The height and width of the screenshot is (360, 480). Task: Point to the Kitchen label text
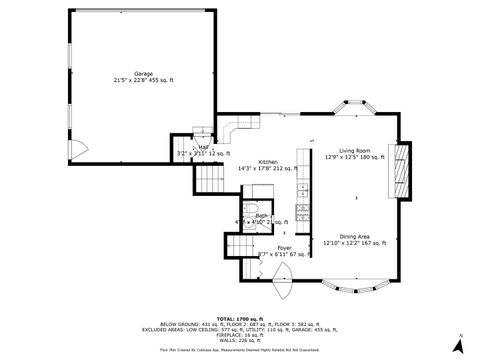(268, 162)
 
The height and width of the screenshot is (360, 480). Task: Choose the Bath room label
(262, 216)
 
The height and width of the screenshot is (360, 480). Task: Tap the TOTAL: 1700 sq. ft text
(239, 315)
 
